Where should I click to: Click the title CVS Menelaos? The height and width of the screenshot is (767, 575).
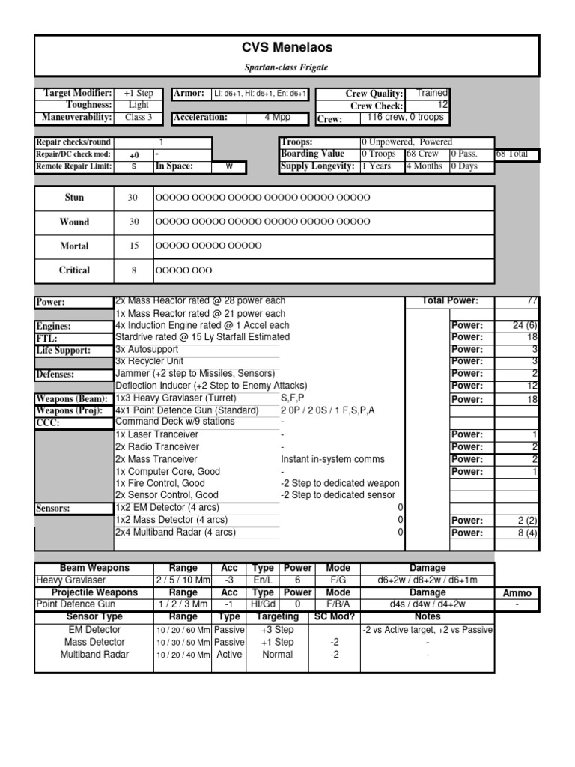pyautogui.click(x=287, y=48)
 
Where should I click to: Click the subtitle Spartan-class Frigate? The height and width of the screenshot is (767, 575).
pyautogui.click(x=287, y=67)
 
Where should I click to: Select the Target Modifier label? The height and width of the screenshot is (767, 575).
pyautogui.click(x=78, y=93)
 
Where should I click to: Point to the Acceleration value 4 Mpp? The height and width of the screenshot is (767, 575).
pyautogui.click(x=278, y=118)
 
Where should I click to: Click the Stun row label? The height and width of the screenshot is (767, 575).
pyautogui.click(x=74, y=198)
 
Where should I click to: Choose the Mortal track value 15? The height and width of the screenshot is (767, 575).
pyautogui.click(x=133, y=246)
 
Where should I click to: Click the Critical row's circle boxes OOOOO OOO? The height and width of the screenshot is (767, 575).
pyautogui.click(x=183, y=270)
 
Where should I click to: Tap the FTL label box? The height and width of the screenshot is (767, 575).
pyautogui.click(x=73, y=338)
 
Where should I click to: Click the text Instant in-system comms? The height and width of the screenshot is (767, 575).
pyautogui.click(x=332, y=459)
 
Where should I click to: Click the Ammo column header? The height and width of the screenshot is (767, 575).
pyautogui.click(x=517, y=592)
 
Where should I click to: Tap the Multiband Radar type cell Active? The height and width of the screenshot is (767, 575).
pyautogui.click(x=229, y=654)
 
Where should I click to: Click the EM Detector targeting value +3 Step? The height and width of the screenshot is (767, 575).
pyautogui.click(x=277, y=630)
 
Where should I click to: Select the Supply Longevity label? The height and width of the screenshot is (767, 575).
pyautogui.click(x=317, y=166)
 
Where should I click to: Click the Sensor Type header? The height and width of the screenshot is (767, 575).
pyautogui.click(x=94, y=616)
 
